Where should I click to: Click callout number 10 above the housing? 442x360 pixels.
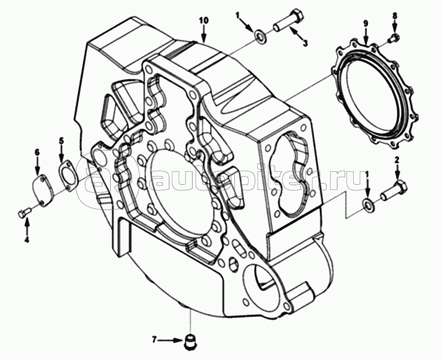click(204, 20)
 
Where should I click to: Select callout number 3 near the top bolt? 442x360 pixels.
click(306, 43)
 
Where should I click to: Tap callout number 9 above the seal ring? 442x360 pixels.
click(366, 23)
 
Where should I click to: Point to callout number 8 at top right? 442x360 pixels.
click(395, 16)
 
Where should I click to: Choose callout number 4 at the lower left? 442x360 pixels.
click(27, 240)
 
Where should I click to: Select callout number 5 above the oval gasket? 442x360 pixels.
click(61, 141)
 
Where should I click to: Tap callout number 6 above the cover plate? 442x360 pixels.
click(37, 152)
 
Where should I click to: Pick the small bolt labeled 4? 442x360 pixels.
click(24, 212)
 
